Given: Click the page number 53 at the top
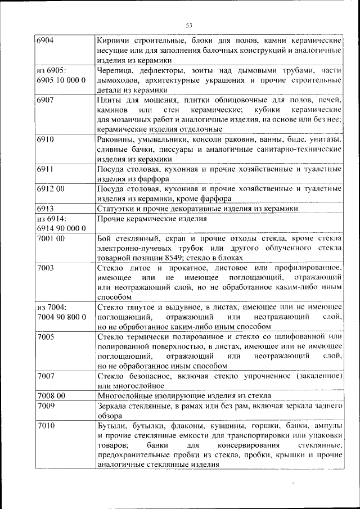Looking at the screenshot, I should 190,25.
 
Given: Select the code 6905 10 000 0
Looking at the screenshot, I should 61,80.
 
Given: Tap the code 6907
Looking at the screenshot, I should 46,100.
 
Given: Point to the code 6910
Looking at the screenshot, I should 46,139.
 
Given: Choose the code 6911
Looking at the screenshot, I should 46,169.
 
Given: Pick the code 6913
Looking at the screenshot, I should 46,208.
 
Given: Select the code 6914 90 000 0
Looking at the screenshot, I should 61,228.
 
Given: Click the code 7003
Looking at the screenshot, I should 46,267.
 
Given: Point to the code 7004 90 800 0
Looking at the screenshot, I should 61,317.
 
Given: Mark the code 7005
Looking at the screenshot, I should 46,336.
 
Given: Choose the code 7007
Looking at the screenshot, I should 46,376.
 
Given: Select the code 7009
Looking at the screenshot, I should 46,405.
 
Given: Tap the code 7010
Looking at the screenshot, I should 46,425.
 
